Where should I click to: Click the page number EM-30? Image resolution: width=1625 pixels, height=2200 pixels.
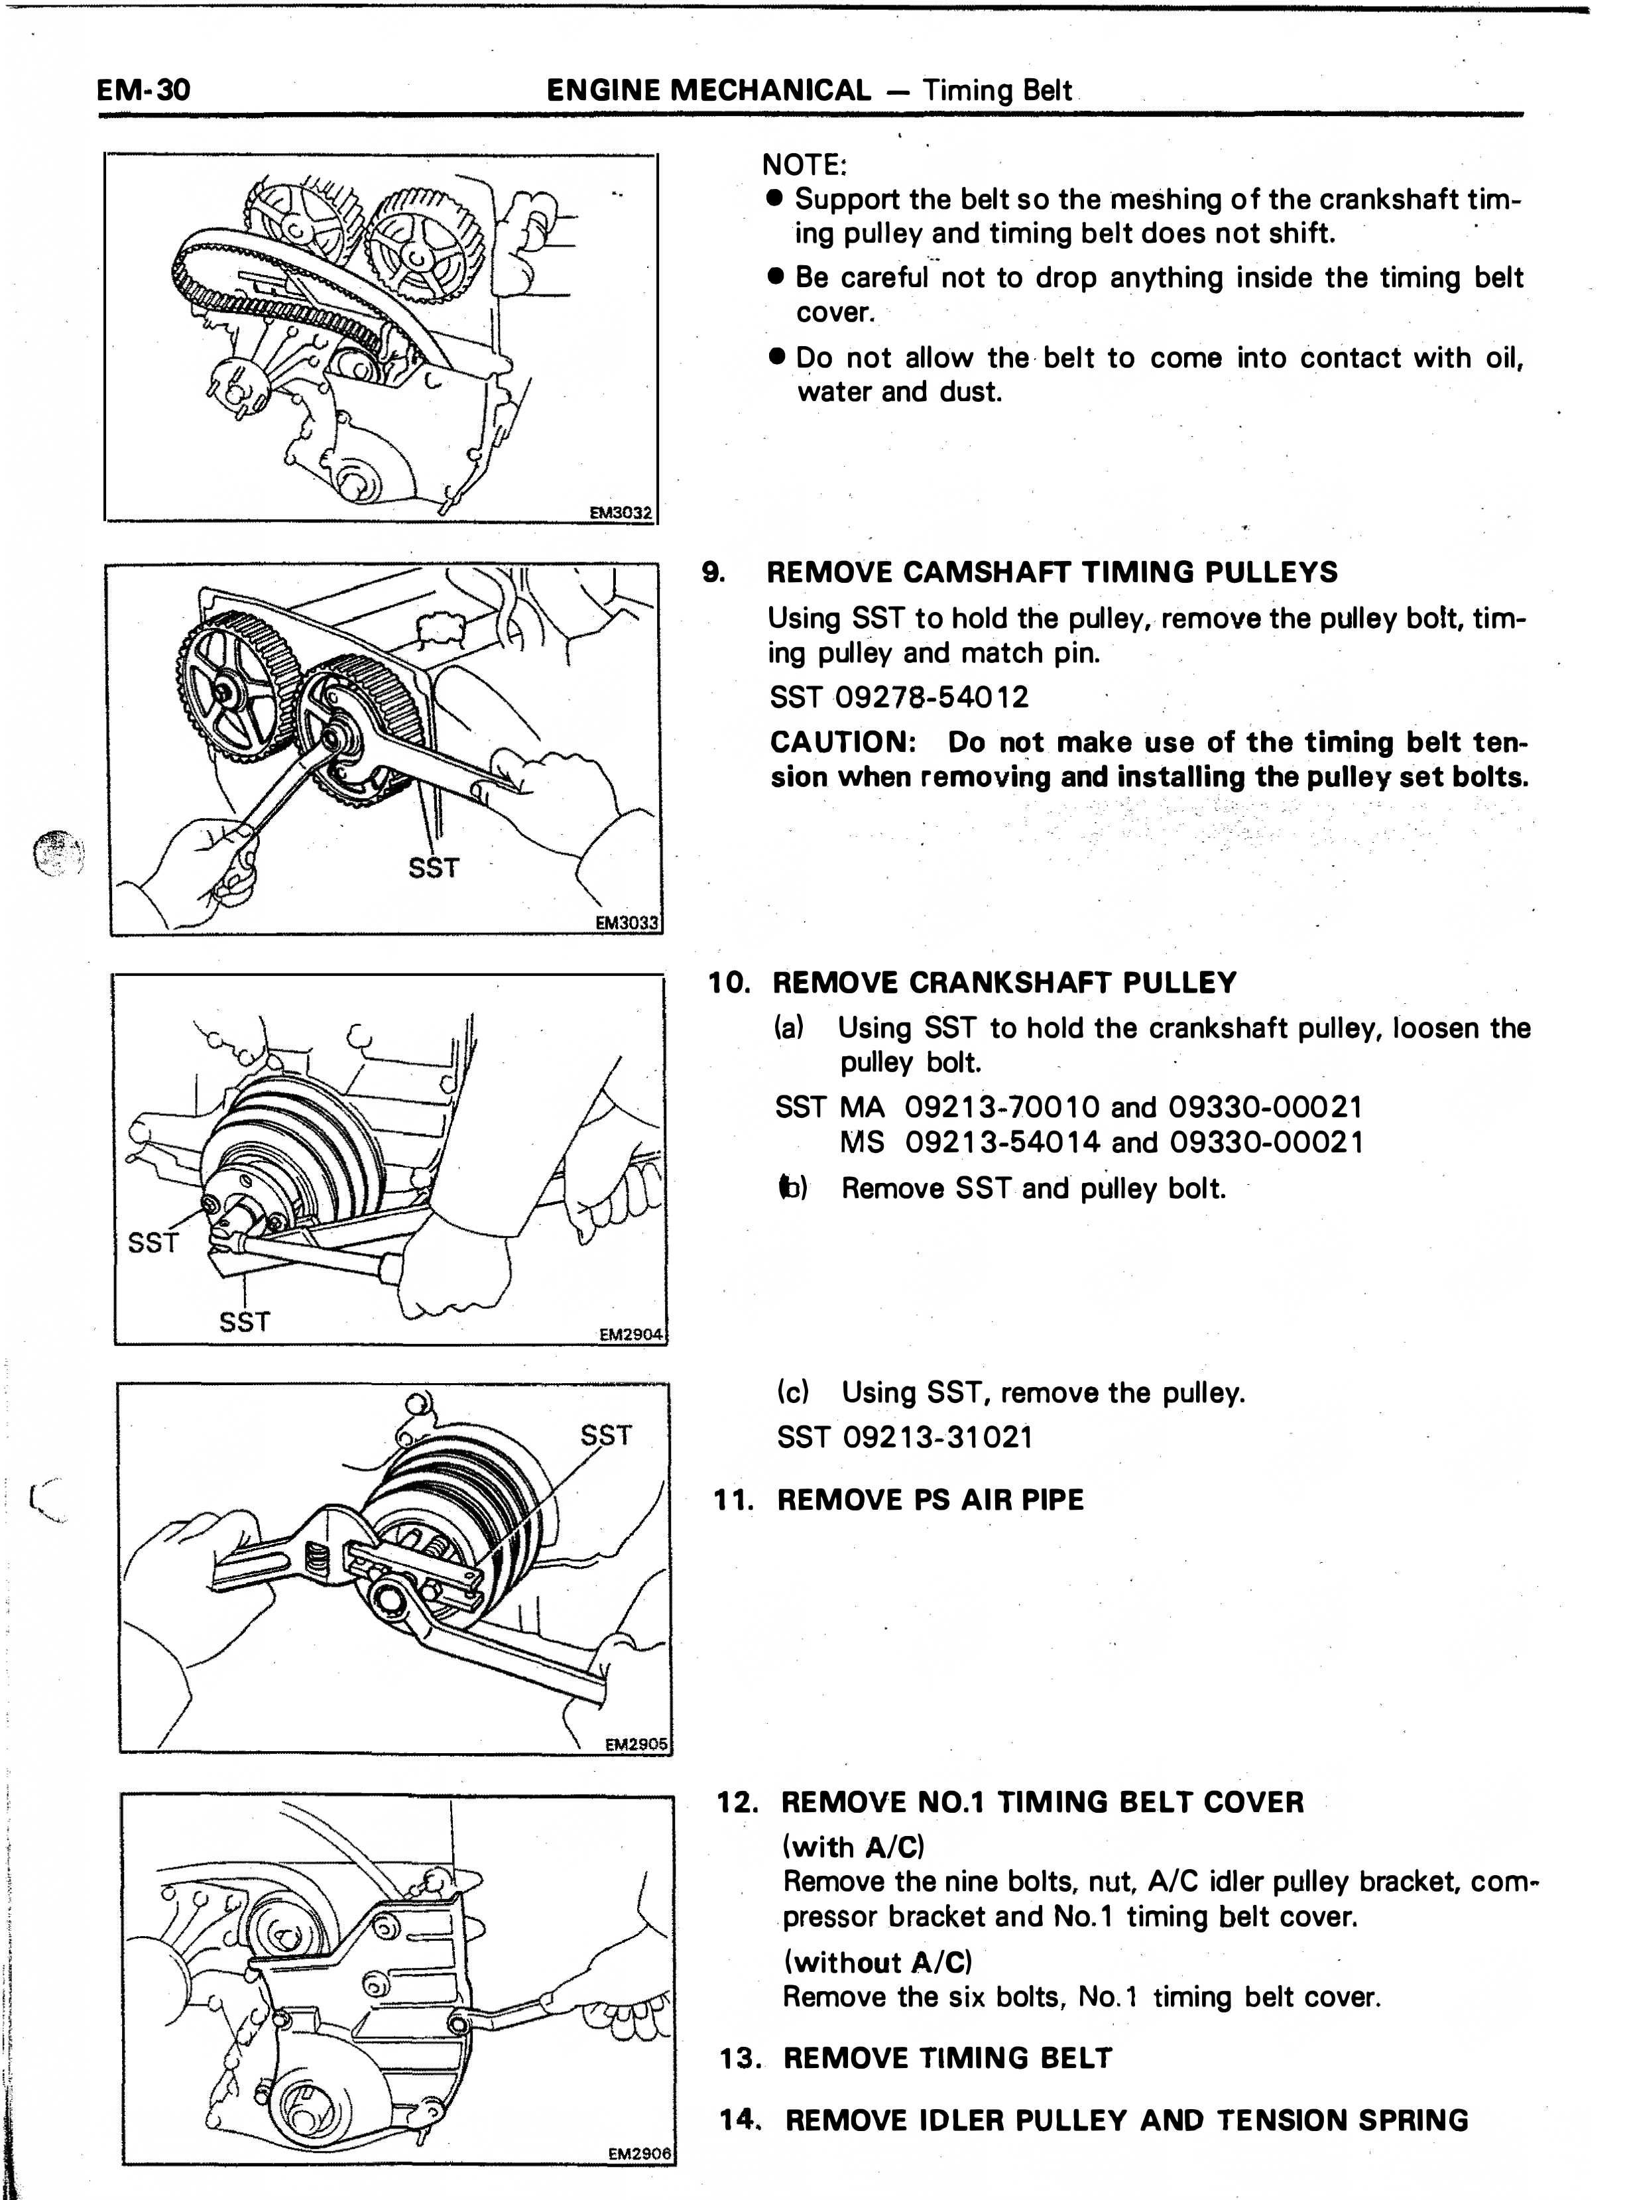[x=144, y=90]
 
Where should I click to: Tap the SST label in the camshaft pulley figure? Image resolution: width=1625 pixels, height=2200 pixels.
[x=434, y=867]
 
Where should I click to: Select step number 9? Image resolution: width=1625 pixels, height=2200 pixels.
[x=713, y=572]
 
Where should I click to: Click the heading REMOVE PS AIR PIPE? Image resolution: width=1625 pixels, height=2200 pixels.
[x=931, y=1500]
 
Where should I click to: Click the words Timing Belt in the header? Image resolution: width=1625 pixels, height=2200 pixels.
[x=997, y=90]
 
